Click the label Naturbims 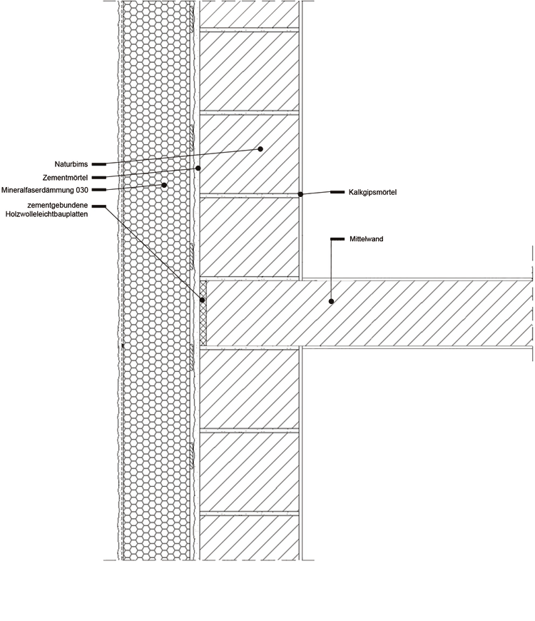[71, 164]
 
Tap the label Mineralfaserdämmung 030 [44, 190]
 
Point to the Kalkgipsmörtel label [372, 192]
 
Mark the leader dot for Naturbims [260, 149]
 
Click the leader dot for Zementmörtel [198, 168]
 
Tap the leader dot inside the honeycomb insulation [164, 185]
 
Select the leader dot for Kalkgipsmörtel [300, 193]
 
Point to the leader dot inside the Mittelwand [331, 301]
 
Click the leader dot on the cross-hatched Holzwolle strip [203, 301]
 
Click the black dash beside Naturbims [99, 164]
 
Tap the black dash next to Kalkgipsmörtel [338, 192]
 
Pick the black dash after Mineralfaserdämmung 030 [99, 190]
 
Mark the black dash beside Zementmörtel [99, 177]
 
